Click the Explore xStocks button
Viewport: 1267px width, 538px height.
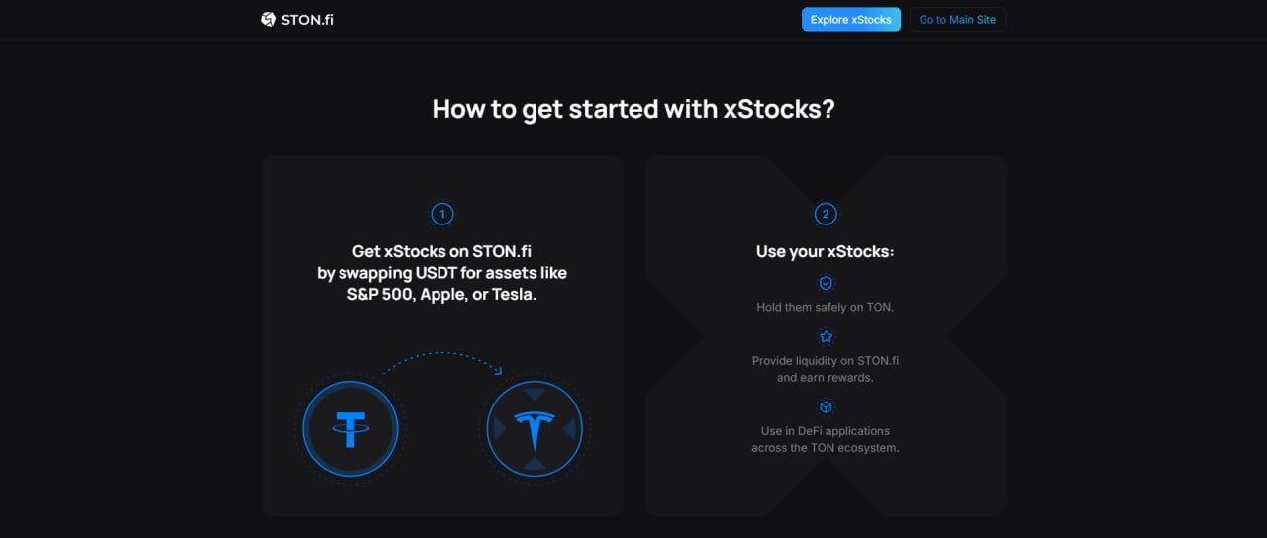click(x=850, y=19)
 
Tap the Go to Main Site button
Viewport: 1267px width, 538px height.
click(x=957, y=19)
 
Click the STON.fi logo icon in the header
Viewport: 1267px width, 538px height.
click(x=268, y=19)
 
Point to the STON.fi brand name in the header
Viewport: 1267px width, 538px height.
click(x=307, y=20)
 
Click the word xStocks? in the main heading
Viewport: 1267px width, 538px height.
click(x=779, y=109)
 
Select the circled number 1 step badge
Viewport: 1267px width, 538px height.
click(x=442, y=215)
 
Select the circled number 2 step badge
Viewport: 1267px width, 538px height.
click(x=826, y=215)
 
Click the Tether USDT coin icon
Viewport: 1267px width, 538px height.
click(x=350, y=429)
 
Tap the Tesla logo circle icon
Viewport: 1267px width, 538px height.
click(x=535, y=429)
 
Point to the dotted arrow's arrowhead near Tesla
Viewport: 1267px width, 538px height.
click(x=498, y=371)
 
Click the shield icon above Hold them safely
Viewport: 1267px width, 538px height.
click(x=826, y=283)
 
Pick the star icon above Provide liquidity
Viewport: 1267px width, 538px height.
click(x=826, y=337)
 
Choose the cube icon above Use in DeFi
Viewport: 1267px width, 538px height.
click(x=826, y=406)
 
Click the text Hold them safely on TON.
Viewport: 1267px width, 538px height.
click(x=826, y=307)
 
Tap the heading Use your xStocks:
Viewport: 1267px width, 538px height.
click(x=826, y=251)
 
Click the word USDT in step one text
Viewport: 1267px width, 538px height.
click(x=437, y=273)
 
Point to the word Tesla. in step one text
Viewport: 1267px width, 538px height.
click(x=514, y=295)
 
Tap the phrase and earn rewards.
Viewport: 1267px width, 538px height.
click(x=826, y=378)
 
